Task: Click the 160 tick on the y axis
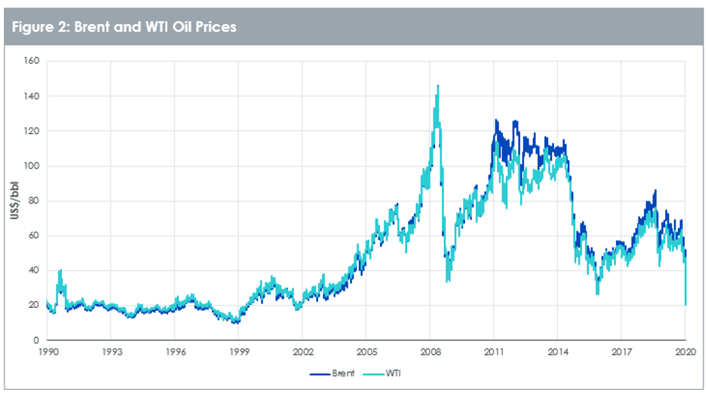tap(32, 62)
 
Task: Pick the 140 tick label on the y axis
tap(32, 96)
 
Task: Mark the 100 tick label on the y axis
tap(32, 166)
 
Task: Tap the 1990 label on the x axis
tap(47, 352)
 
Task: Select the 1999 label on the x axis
tap(238, 352)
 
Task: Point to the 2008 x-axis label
tap(430, 352)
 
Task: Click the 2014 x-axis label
tap(557, 352)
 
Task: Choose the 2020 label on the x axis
tap(684, 352)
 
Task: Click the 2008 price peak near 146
tap(438, 87)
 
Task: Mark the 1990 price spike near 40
tap(60, 270)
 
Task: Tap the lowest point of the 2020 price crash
tap(685, 305)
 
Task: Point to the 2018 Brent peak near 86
tap(654, 190)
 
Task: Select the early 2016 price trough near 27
tap(598, 293)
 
